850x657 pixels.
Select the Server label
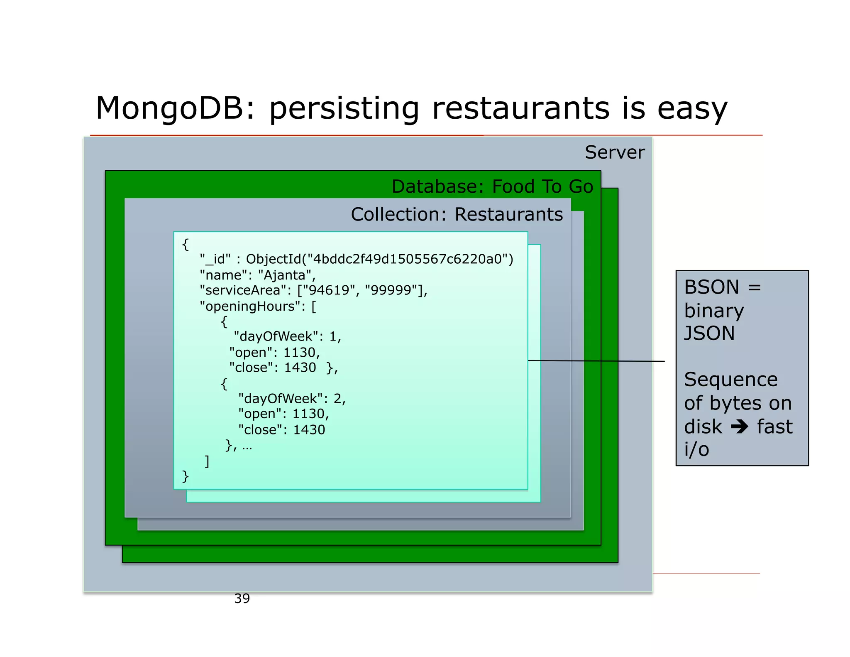[x=614, y=152]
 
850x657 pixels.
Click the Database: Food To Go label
[x=492, y=186]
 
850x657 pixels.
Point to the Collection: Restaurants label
[x=457, y=215]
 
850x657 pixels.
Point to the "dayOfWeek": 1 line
[x=287, y=336]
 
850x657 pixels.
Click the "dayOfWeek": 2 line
[x=292, y=399]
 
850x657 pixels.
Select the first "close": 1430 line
[x=273, y=368]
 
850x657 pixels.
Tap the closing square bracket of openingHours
[x=207, y=461]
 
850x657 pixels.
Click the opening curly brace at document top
[x=186, y=244]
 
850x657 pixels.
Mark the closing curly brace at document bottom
[x=186, y=476]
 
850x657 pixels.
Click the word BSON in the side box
[x=711, y=287]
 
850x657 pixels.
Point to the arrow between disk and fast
[x=739, y=427]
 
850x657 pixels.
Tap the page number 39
[x=242, y=598]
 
